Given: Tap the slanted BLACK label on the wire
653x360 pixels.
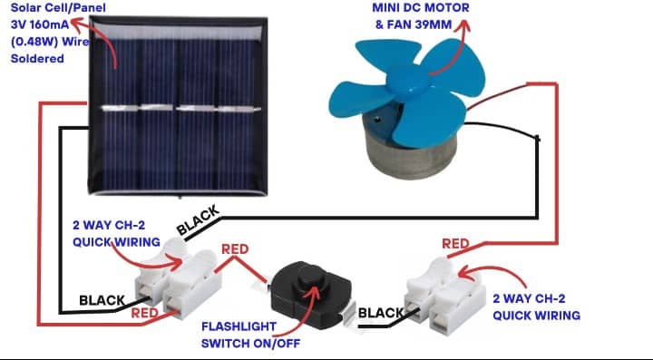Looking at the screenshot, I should click(x=199, y=221).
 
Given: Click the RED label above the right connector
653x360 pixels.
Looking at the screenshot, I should click(x=456, y=242).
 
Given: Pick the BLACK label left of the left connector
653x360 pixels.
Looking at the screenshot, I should click(x=102, y=300).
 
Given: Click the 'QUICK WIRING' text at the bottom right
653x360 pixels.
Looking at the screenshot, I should click(x=536, y=315).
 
